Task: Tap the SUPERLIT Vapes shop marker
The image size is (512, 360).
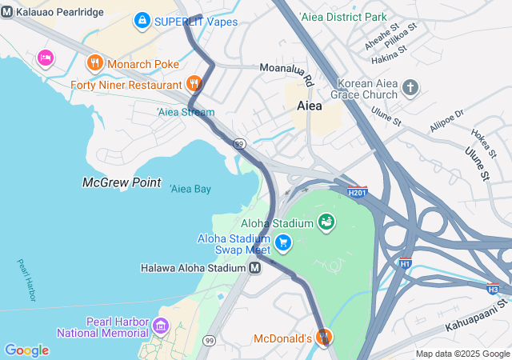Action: pos(142,19)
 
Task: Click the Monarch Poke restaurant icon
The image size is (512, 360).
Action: pos(94,62)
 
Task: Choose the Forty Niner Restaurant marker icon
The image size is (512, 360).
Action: pos(194,83)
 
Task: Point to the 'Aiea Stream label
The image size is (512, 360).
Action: pos(186,112)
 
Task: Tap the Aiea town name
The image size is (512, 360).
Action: pos(310,106)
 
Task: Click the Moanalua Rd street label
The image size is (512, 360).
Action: pos(286,74)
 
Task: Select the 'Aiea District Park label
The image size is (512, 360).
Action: pos(342,16)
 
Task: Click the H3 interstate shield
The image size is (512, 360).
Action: pos(493,287)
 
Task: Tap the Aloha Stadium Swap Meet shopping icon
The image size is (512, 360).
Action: pos(282,241)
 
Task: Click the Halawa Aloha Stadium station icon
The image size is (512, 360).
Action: pos(254,268)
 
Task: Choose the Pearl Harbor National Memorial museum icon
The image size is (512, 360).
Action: pos(161,326)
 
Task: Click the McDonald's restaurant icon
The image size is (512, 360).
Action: pos(323,338)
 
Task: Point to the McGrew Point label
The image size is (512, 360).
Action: pos(122,182)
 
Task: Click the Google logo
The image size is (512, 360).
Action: pos(26,350)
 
